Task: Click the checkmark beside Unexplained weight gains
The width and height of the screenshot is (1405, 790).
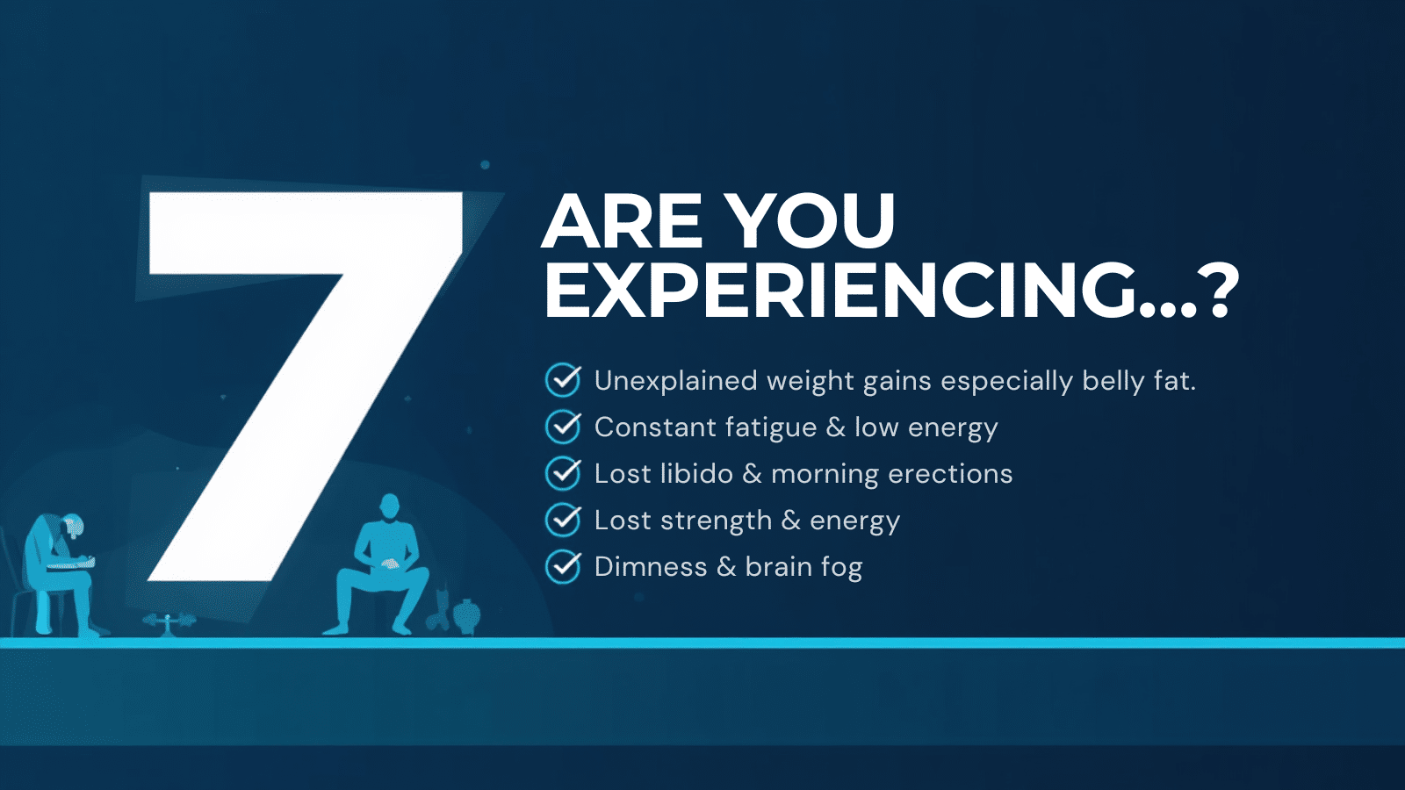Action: pos(563,380)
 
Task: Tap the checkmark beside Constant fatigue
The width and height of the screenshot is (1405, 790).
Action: pos(563,427)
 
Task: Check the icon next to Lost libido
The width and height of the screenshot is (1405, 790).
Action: pos(563,473)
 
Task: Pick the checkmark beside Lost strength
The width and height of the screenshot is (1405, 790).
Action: pos(563,520)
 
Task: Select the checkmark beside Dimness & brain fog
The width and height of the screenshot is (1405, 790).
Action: pos(563,566)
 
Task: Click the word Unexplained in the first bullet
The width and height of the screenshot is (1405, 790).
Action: pos(675,382)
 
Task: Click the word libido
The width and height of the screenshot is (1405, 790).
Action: pos(697,474)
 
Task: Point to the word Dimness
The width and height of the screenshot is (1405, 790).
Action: pos(651,567)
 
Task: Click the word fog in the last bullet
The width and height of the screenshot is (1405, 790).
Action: pos(842,568)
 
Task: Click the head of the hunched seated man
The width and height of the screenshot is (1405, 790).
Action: pos(71,526)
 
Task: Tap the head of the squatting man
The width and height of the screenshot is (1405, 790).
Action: pos(390,506)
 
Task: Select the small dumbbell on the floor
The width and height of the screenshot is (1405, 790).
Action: pos(169,621)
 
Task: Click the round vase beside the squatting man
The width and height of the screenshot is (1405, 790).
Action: pos(466,615)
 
